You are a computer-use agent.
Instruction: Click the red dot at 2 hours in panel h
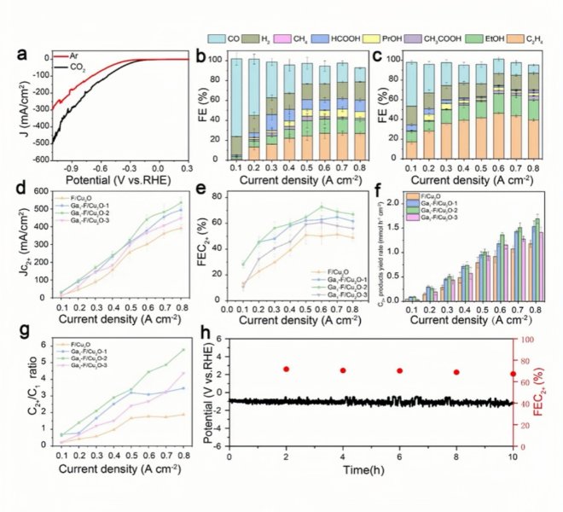pos(286,369)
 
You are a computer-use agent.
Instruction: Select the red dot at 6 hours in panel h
pos(399,370)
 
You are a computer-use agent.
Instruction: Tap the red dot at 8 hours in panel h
pos(456,372)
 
